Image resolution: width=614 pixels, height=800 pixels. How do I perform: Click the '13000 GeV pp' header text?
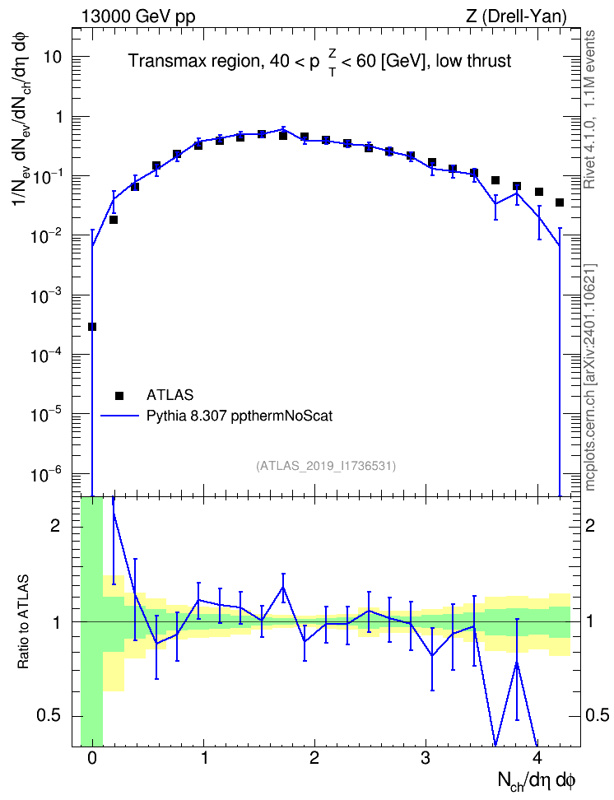(x=137, y=16)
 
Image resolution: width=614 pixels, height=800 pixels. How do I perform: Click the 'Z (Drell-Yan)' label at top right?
(x=516, y=16)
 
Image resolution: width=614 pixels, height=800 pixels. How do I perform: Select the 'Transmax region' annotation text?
(x=193, y=61)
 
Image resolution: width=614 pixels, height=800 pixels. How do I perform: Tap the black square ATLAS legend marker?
(x=119, y=395)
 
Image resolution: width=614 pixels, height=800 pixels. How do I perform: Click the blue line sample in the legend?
(x=119, y=416)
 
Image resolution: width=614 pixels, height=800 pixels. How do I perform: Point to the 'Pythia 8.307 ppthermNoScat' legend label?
(x=240, y=416)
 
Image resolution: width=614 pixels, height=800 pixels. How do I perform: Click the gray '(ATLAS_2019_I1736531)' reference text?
(x=326, y=466)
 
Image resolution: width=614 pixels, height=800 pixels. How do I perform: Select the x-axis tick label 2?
(x=314, y=757)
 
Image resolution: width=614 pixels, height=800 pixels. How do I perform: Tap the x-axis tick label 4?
(x=537, y=757)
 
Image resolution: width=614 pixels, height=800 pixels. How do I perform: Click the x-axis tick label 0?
(x=92, y=757)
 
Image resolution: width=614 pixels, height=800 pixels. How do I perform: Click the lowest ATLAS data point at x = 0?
(x=92, y=327)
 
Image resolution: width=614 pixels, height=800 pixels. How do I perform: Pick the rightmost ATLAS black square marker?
(x=560, y=202)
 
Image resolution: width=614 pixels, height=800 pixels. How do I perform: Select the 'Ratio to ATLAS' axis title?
(x=24, y=621)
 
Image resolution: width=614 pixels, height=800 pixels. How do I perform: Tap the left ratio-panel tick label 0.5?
(x=49, y=716)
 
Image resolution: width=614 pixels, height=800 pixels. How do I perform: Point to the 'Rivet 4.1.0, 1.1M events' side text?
(x=589, y=109)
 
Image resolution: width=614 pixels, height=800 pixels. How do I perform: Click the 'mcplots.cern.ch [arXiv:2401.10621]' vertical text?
(x=589, y=377)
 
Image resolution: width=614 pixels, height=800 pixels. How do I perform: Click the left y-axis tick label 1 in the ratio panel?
(x=55, y=622)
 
